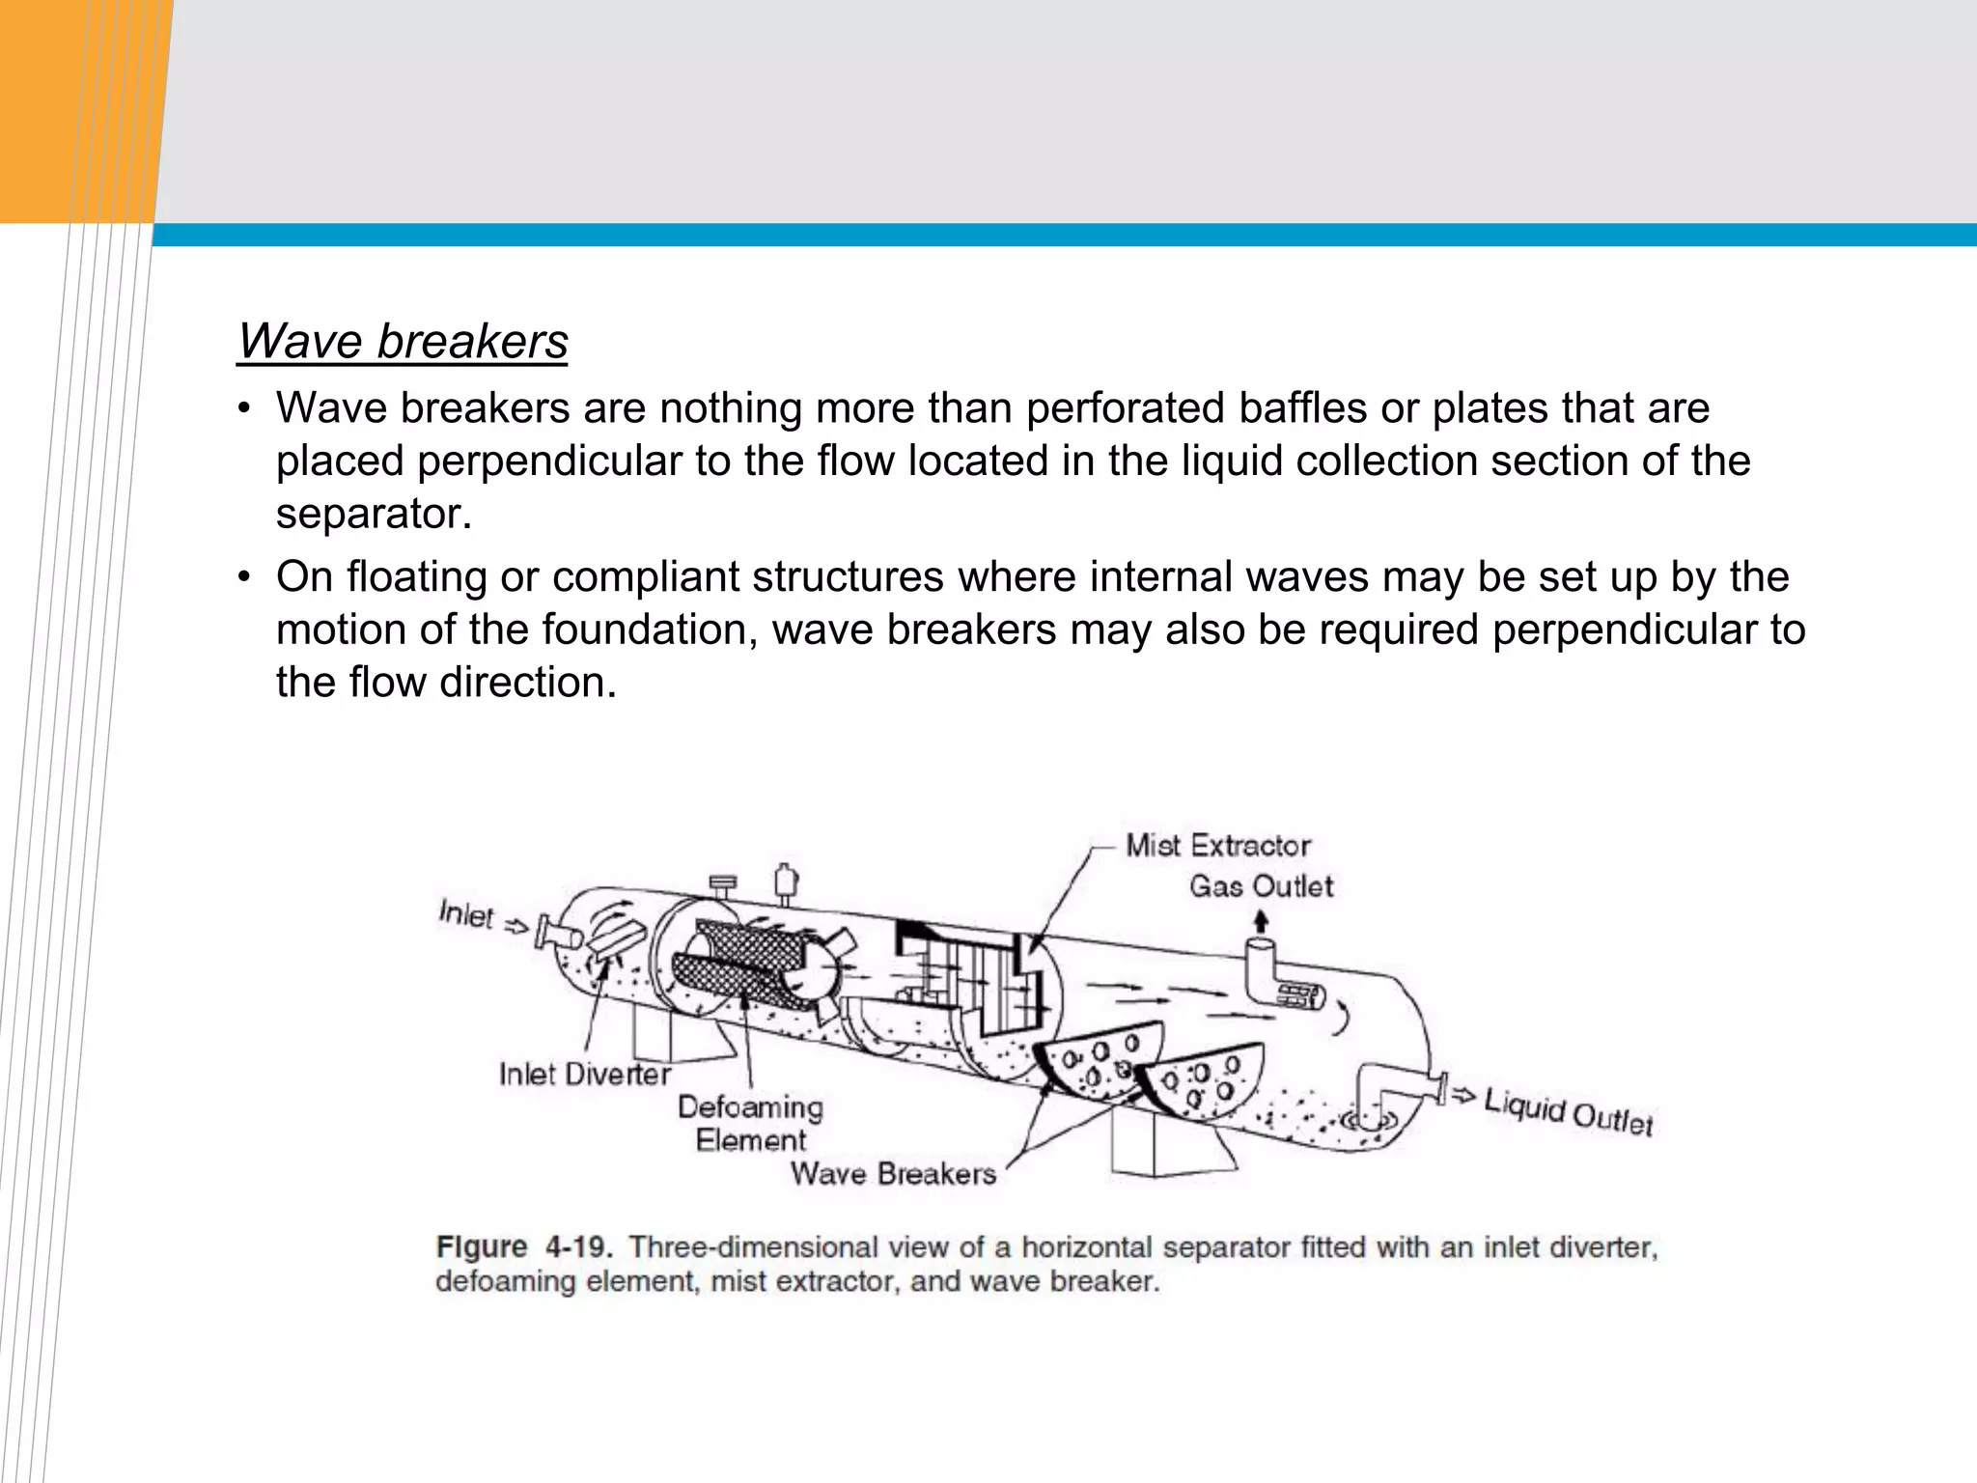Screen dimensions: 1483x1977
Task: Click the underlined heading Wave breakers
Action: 403,342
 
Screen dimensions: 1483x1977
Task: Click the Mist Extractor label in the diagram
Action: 1217,846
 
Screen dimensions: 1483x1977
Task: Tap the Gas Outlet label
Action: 1261,886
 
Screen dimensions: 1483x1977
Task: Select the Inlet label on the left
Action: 465,913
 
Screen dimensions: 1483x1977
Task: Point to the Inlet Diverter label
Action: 584,1075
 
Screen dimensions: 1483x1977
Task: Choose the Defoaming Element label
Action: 750,1123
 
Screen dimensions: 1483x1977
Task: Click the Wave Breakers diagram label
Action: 893,1174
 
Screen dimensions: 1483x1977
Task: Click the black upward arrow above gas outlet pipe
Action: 1260,922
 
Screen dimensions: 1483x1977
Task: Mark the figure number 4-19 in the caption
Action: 578,1246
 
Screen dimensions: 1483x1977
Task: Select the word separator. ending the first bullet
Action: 374,514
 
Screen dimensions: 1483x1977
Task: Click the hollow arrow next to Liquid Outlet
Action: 1463,1094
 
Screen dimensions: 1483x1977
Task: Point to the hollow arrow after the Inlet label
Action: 517,927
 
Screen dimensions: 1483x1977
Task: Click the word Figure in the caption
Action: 482,1246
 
